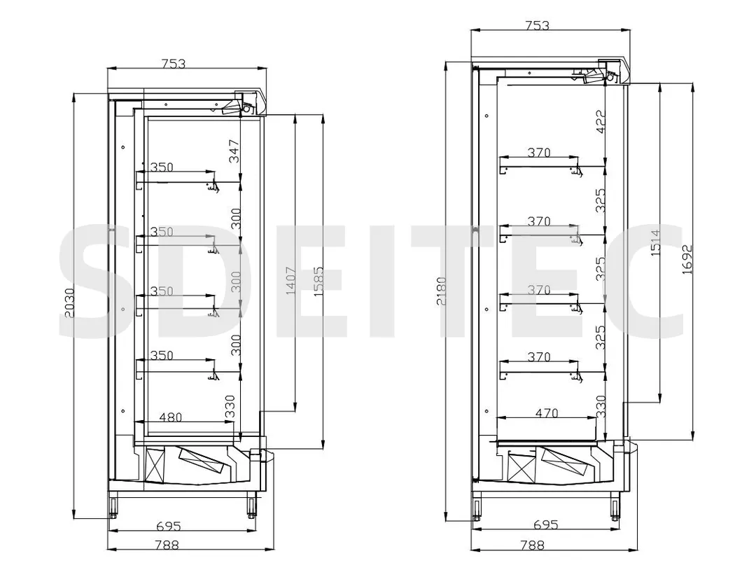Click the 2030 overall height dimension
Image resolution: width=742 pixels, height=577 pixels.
tap(68, 305)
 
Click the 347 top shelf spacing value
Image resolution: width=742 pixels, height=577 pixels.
tap(234, 151)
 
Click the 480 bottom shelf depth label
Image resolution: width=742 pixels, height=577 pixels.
tap(170, 417)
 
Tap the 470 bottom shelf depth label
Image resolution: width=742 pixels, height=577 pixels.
tap(547, 413)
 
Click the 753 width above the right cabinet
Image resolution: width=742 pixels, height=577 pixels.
tap(537, 26)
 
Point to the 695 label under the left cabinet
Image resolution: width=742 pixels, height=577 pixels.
tap(169, 525)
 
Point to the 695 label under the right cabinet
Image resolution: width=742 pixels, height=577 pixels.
tap(545, 524)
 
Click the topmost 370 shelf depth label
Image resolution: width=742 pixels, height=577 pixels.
tap(539, 153)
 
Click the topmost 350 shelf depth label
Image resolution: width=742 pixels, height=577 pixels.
tap(161, 167)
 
